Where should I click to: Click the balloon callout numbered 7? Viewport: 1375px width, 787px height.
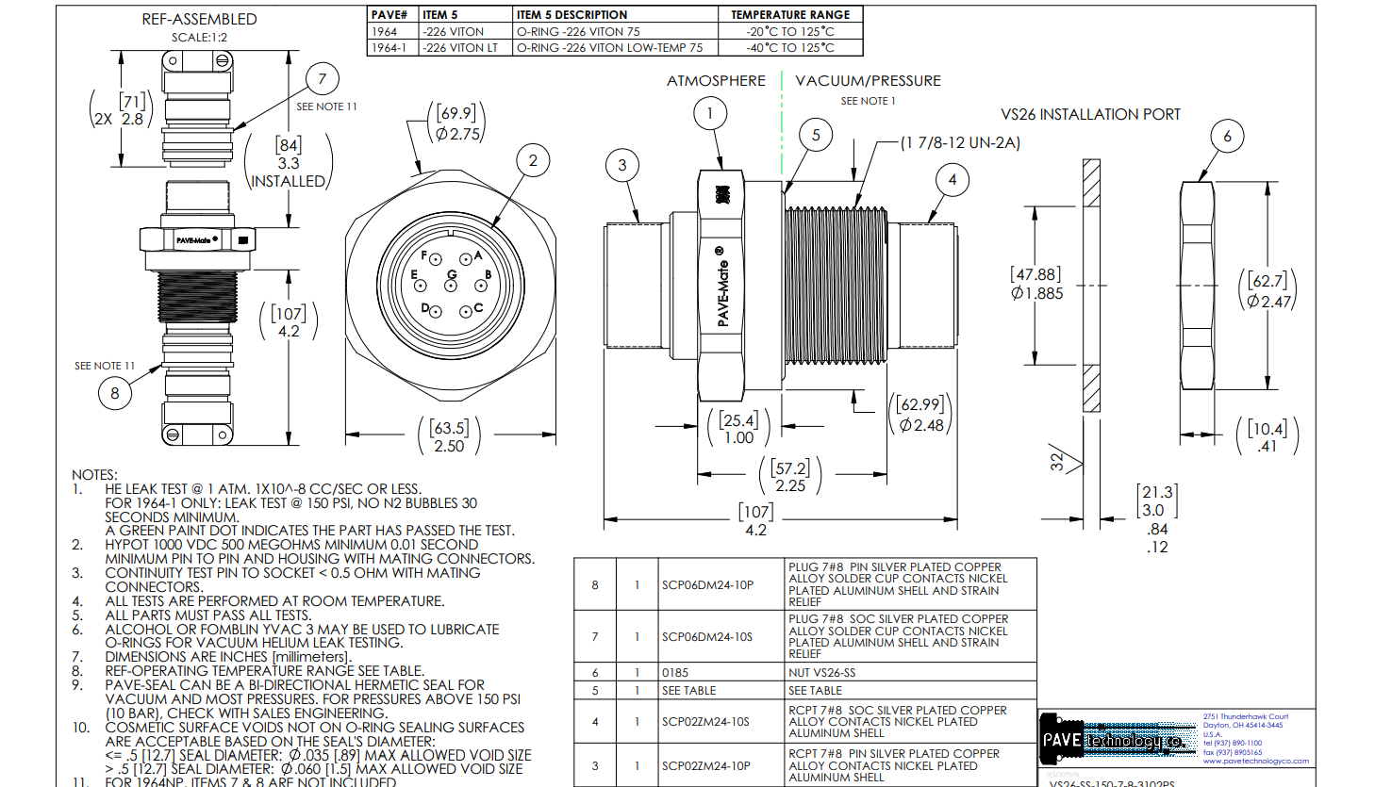tap(323, 79)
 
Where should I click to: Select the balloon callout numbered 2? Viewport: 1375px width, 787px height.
tap(533, 160)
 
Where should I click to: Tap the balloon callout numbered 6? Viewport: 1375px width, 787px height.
tap(1227, 137)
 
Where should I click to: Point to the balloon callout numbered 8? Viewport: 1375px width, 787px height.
tap(115, 393)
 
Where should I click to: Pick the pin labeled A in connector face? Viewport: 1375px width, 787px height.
tap(466, 259)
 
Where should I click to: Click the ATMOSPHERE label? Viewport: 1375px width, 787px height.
tap(716, 81)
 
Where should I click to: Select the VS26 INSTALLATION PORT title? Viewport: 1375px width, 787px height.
tap(1090, 114)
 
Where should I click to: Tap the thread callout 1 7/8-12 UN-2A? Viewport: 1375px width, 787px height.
tap(960, 143)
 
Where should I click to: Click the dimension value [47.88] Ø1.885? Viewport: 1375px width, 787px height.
tap(1036, 284)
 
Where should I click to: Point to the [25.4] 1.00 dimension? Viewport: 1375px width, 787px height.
tap(738, 429)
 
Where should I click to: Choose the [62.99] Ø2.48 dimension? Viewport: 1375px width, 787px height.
tap(921, 415)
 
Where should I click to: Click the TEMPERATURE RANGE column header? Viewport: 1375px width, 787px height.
tap(790, 14)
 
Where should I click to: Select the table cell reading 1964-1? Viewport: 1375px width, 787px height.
tap(389, 47)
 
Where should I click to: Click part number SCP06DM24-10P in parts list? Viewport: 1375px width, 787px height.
tap(707, 585)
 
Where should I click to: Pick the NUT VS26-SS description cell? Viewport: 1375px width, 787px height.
tap(822, 673)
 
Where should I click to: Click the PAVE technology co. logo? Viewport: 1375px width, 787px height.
tap(1113, 741)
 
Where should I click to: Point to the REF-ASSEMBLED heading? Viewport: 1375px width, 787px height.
tap(199, 19)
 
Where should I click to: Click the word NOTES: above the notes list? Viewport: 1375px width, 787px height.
tap(94, 475)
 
